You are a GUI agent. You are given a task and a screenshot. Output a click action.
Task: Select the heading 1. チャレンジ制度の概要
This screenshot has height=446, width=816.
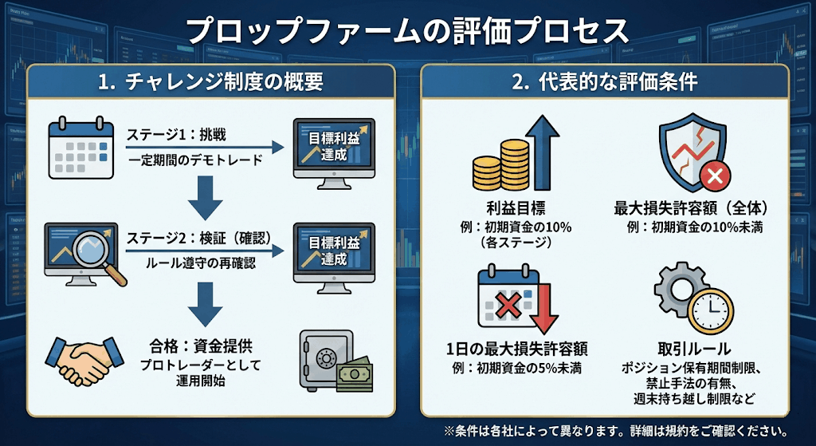click(x=211, y=81)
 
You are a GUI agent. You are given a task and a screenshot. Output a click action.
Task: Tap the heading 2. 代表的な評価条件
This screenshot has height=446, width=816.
click(x=605, y=81)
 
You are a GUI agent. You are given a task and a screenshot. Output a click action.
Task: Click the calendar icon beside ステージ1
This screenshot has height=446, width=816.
click(x=76, y=148)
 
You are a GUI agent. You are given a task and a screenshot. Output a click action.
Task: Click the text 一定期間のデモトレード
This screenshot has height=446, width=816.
click(x=194, y=160)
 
